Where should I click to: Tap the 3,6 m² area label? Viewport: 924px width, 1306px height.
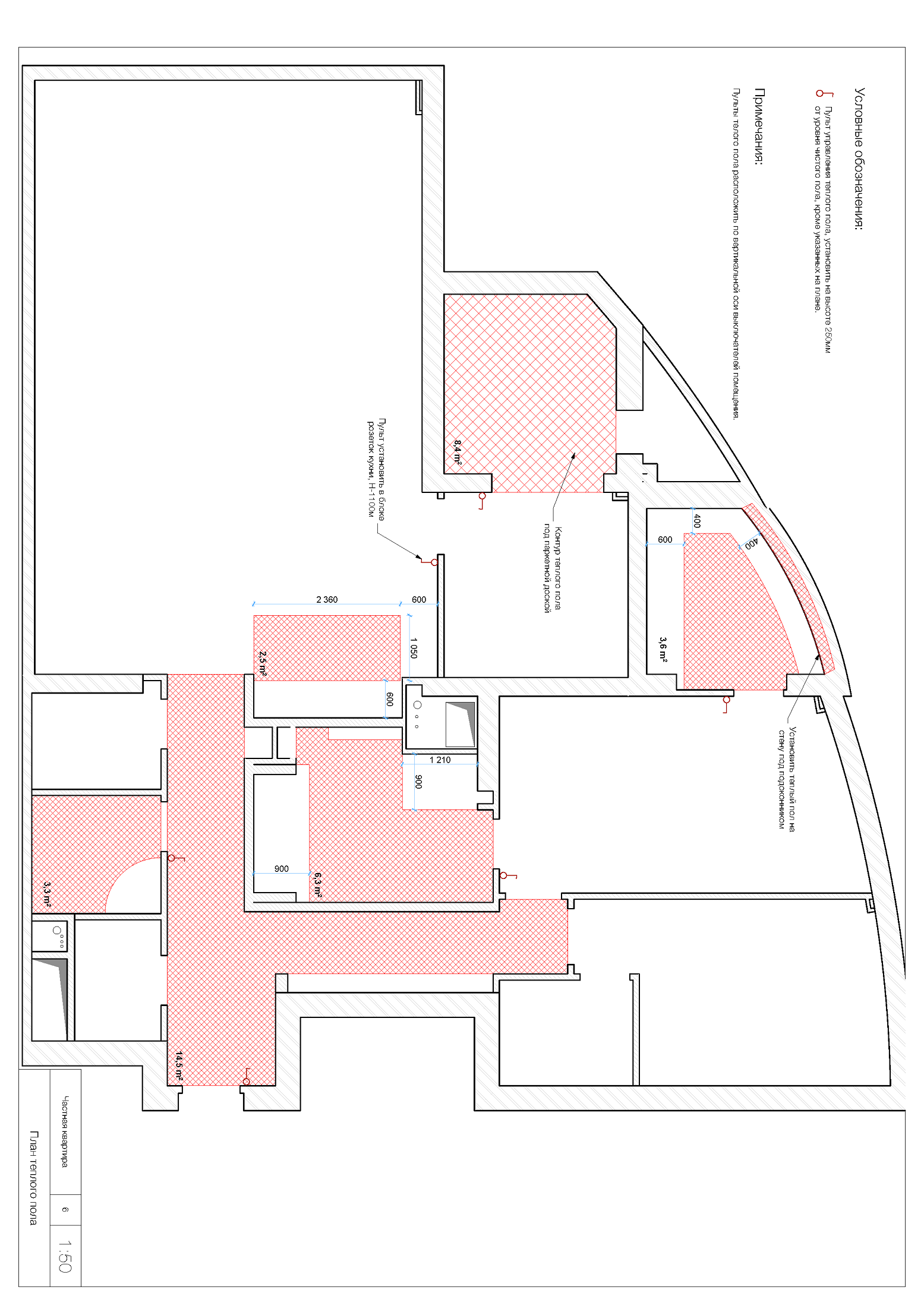(663, 649)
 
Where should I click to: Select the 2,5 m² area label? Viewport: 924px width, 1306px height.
(263, 663)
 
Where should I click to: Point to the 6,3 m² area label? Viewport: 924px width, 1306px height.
(318, 884)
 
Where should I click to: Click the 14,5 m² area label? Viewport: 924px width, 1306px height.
(179, 1066)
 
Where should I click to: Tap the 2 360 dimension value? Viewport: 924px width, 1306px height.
(327, 600)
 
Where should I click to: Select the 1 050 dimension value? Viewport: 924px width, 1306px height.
(414, 648)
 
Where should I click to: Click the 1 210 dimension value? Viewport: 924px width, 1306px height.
(440, 760)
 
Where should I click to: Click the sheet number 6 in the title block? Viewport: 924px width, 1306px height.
(65, 1209)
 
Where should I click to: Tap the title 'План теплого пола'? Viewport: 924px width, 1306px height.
(33, 1178)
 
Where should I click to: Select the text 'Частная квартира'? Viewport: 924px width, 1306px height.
(65, 1131)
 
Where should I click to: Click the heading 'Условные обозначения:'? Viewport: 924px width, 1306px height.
(860, 159)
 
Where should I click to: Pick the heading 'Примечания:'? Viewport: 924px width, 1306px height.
(759, 127)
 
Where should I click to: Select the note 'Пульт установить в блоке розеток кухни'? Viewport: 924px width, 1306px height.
(376, 469)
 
